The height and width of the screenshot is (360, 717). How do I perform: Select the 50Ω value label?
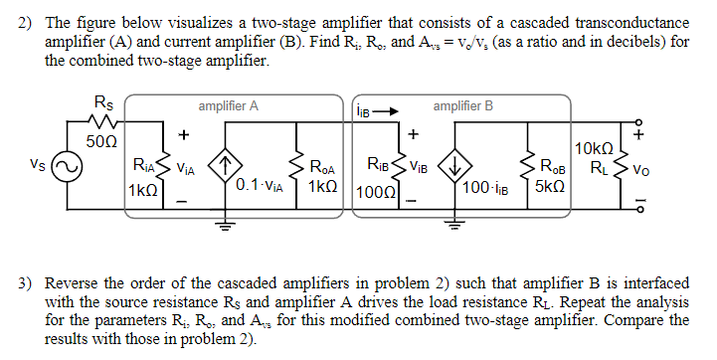coord(104,142)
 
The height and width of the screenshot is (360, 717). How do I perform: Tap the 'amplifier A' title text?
coord(228,105)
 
